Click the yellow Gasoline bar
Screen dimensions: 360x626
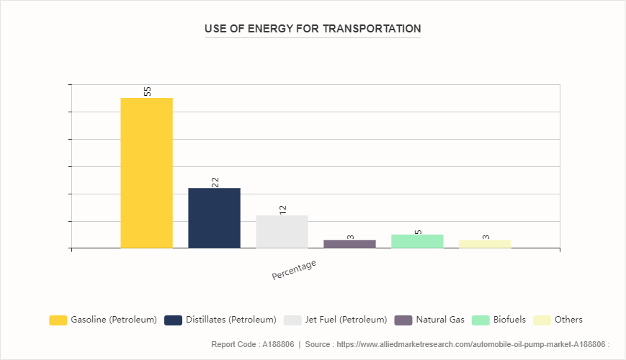click(146, 173)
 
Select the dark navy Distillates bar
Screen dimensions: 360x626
click(214, 218)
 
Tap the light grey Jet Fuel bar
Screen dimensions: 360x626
click(282, 232)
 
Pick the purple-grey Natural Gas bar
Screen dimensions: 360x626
click(349, 244)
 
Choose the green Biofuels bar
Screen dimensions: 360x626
click(417, 241)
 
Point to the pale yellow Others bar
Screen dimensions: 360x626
click(485, 244)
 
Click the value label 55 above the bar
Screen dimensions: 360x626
click(147, 91)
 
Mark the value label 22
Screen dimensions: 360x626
click(215, 182)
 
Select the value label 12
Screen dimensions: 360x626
click(282, 210)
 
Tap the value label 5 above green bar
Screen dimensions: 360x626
click(418, 232)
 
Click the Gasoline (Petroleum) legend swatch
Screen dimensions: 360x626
click(58, 320)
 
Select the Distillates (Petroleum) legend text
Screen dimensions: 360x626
click(231, 320)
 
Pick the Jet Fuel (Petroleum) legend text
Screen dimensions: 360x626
click(346, 320)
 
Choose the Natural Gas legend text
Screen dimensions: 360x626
click(440, 320)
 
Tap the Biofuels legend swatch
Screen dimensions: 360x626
click(480, 320)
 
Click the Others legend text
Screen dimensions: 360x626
click(568, 320)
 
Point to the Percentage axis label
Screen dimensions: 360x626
click(294, 270)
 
